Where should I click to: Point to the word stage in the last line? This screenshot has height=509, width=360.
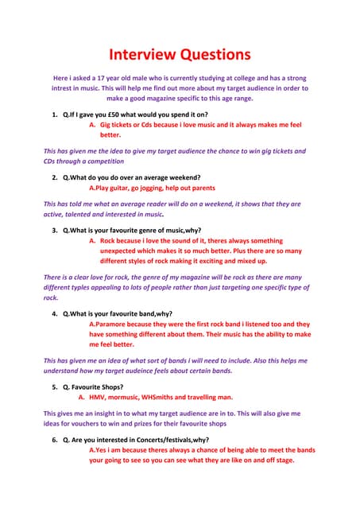[x=283, y=460]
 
